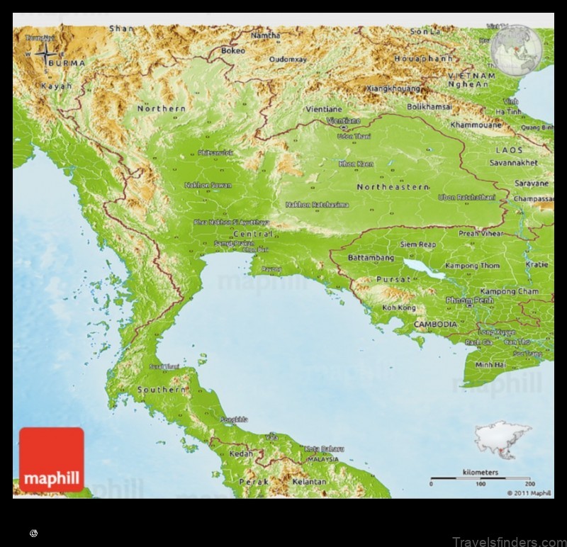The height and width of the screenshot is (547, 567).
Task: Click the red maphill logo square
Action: (x=52, y=459)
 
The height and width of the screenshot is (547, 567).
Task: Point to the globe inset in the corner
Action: (x=519, y=50)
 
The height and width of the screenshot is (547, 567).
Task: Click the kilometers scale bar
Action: (x=480, y=478)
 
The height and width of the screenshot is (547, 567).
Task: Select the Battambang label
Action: (x=370, y=258)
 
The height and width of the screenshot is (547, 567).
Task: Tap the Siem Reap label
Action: (x=418, y=244)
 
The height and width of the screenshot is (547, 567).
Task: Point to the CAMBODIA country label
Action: (x=436, y=324)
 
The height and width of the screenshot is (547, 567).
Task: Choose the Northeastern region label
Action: (x=393, y=187)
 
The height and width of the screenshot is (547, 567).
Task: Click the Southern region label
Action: (x=161, y=390)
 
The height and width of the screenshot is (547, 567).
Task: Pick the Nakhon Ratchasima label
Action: (x=317, y=205)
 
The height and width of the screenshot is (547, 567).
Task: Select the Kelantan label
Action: (x=309, y=482)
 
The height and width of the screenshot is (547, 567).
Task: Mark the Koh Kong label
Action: (x=398, y=308)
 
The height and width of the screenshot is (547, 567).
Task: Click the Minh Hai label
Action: (x=490, y=364)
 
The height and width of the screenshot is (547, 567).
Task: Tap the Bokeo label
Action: (x=233, y=51)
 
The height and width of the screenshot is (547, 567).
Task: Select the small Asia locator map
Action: (x=503, y=440)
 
